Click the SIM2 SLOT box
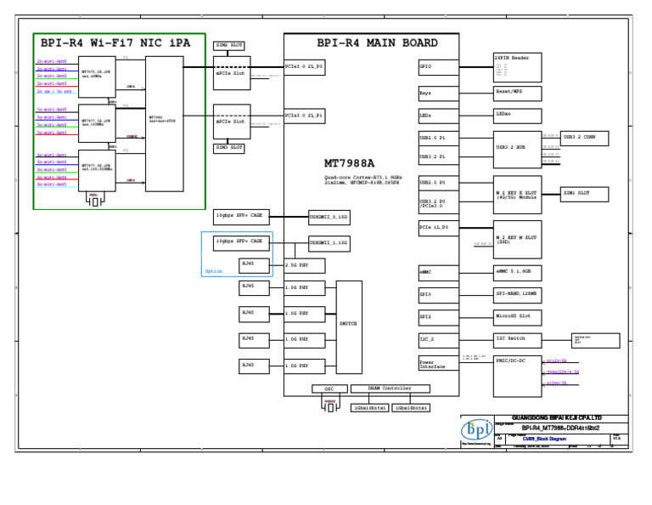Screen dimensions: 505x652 point(228,44)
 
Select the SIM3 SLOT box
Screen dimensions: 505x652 point(228,147)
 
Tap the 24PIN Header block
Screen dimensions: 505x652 point(517,65)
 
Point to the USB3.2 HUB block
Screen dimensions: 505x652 point(517,146)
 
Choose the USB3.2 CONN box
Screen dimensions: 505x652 point(584,136)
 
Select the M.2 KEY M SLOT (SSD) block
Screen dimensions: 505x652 point(517,239)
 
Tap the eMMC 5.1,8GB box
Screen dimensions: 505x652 point(517,272)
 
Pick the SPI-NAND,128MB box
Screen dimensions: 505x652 point(517,294)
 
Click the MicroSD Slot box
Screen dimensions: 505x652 point(517,316)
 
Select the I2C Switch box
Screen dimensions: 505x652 point(517,338)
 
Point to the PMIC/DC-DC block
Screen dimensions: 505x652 point(517,375)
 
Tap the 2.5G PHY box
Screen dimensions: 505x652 point(299,265)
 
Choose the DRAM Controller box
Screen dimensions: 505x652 point(391,389)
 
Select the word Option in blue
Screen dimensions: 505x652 point(213,271)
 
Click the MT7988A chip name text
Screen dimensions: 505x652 point(349,163)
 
